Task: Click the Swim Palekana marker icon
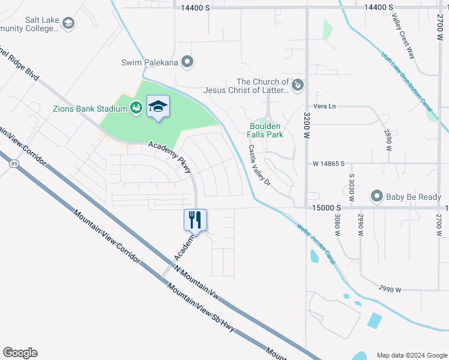(188, 61)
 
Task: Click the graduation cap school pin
(158, 107)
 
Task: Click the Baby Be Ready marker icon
(377, 196)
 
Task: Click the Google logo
(20, 353)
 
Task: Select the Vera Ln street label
(325, 106)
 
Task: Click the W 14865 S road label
(332, 163)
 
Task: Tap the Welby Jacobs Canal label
(316, 245)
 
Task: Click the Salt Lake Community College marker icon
(68, 24)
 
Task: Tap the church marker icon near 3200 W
(297, 86)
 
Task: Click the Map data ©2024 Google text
(411, 355)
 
